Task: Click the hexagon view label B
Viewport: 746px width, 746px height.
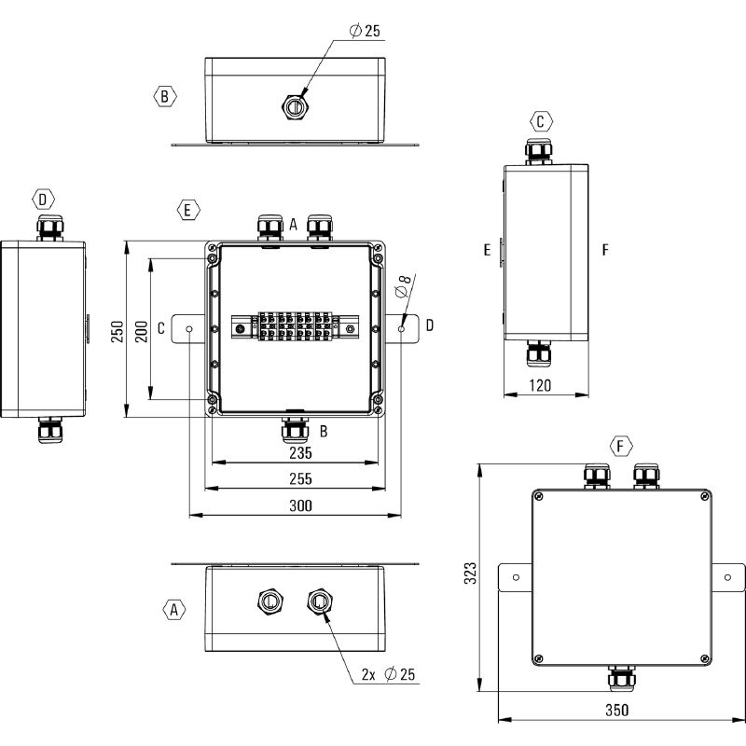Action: [x=165, y=97]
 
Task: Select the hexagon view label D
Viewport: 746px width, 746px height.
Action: [x=43, y=200]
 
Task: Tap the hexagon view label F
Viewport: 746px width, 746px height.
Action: [x=621, y=446]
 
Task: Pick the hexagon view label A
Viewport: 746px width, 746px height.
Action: [x=174, y=610]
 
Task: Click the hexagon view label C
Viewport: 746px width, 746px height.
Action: [x=541, y=121]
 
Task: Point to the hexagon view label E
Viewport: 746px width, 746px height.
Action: [x=188, y=210]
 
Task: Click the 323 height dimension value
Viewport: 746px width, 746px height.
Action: [x=470, y=573]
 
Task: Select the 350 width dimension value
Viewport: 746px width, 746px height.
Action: [x=617, y=710]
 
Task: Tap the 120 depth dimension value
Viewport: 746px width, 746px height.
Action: [x=541, y=385]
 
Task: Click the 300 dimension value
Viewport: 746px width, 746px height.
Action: [x=300, y=505]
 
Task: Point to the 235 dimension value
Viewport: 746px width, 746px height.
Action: [x=300, y=453]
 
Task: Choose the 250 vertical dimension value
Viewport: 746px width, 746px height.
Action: [x=117, y=331]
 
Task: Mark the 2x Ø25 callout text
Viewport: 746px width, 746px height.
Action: [x=388, y=674]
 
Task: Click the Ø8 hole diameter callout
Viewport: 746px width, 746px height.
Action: [x=404, y=286]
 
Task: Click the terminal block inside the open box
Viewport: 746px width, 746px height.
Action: [x=295, y=325]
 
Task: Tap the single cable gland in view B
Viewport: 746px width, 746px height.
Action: [x=296, y=106]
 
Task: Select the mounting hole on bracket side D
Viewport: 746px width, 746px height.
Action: [x=402, y=329]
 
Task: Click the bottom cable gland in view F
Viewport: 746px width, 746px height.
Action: [x=621, y=679]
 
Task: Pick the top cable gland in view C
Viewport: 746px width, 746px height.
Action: [x=539, y=151]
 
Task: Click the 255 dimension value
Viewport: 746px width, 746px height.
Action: [x=300, y=478]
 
